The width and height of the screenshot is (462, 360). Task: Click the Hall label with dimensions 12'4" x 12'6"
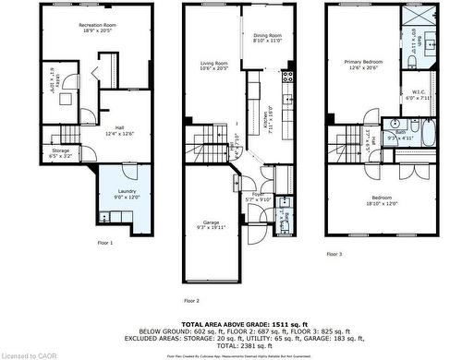[x=119, y=129]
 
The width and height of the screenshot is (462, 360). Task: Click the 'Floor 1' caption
[x=105, y=243]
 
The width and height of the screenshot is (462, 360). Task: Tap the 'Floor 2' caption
[x=191, y=301]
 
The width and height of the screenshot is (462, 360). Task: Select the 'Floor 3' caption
[x=333, y=253]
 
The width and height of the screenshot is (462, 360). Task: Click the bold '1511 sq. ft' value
[x=277, y=325]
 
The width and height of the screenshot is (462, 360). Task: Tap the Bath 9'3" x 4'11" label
[x=400, y=135]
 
